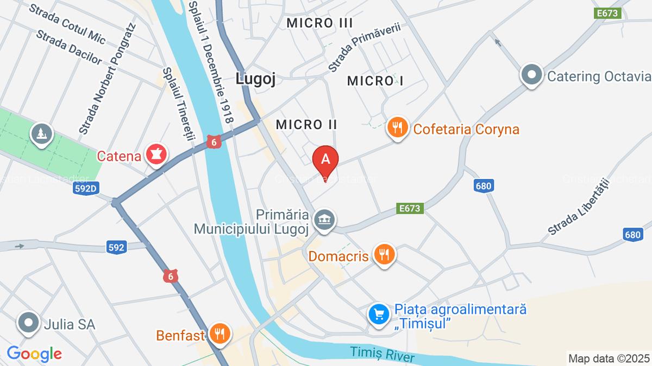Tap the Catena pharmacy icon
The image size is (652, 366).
click(156, 156)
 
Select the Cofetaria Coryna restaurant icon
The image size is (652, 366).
click(398, 129)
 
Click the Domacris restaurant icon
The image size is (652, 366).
click(384, 254)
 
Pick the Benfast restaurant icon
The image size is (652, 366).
click(220, 333)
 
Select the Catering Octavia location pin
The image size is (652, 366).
click(532, 75)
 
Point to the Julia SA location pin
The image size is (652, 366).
click(28, 324)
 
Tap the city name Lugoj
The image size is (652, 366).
click(255, 79)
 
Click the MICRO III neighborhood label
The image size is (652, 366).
click(319, 23)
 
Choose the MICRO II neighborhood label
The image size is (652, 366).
click(306, 125)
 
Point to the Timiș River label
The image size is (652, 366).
click(383, 354)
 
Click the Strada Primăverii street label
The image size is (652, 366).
click(363, 46)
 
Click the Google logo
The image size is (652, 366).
click(34, 354)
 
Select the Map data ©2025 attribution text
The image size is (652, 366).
click(609, 358)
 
